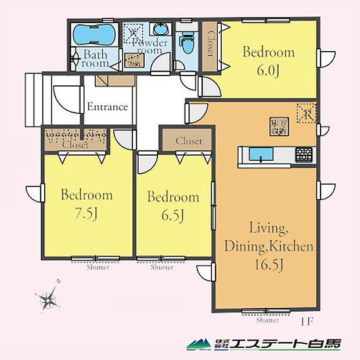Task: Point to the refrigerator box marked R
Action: pos(305,113)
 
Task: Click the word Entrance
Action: pos(107,107)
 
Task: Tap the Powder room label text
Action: pos(150,46)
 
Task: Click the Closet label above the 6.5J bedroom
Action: pos(188,141)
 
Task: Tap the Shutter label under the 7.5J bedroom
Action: pos(96,268)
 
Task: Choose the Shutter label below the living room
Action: pos(267,320)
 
